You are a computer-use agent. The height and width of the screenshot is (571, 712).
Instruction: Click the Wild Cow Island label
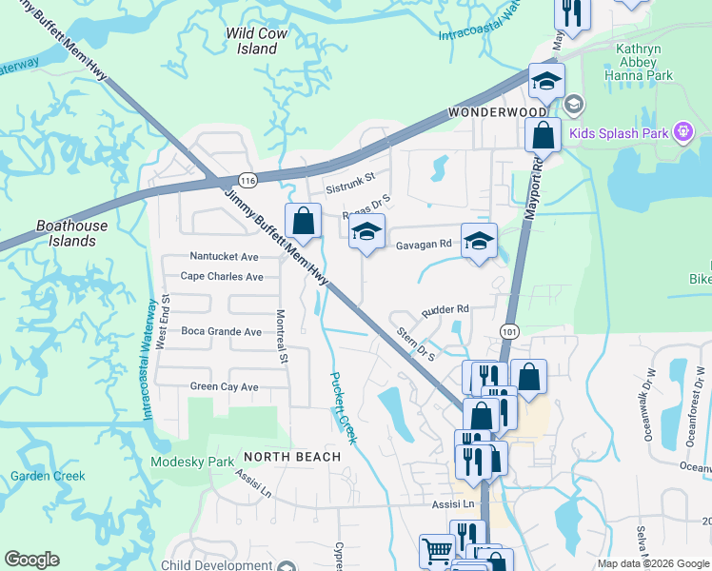(x=257, y=41)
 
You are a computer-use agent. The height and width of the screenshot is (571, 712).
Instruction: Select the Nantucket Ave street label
(x=224, y=257)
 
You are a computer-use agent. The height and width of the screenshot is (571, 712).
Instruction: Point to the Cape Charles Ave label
(x=222, y=277)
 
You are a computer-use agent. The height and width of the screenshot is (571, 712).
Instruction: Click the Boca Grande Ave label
(x=221, y=332)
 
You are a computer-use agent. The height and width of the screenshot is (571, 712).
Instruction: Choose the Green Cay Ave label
(x=224, y=387)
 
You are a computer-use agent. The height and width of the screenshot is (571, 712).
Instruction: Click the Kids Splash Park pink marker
(x=682, y=133)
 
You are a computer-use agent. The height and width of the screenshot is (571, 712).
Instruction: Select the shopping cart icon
(x=437, y=550)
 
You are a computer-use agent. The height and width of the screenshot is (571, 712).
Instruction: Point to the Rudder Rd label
(x=446, y=309)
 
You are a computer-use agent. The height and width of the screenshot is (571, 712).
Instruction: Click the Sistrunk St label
(x=350, y=176)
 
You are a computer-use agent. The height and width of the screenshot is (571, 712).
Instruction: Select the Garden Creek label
(x=48, y=477)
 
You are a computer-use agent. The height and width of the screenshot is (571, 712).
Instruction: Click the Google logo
(x=31, y=560)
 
